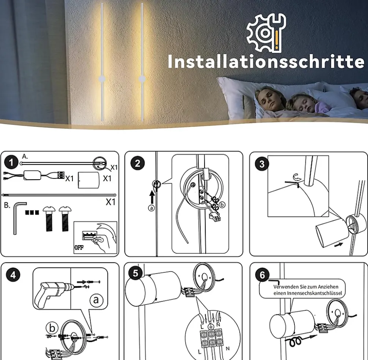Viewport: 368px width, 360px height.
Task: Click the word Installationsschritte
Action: pos(266,62)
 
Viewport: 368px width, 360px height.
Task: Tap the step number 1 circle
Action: pos(11,163)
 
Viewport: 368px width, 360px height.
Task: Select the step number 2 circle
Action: pos(138,163)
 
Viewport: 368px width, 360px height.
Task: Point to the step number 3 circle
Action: pos(262,164)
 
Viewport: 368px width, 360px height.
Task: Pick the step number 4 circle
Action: pos(13,275)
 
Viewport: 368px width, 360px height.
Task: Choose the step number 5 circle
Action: pos(136,273)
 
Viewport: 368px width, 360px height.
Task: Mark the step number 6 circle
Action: pos(262,275)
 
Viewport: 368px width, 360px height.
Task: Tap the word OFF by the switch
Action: pos(79,248)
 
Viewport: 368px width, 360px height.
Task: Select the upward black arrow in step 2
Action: pos(152,197)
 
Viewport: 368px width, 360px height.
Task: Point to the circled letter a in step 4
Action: pos(96,300)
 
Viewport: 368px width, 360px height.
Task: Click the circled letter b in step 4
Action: pos(52,328)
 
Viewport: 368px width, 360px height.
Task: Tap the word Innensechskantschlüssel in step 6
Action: pos(308,293)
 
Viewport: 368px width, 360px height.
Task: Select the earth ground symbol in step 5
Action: pos(211,327)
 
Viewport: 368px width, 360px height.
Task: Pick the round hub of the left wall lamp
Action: pos(102,79)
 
